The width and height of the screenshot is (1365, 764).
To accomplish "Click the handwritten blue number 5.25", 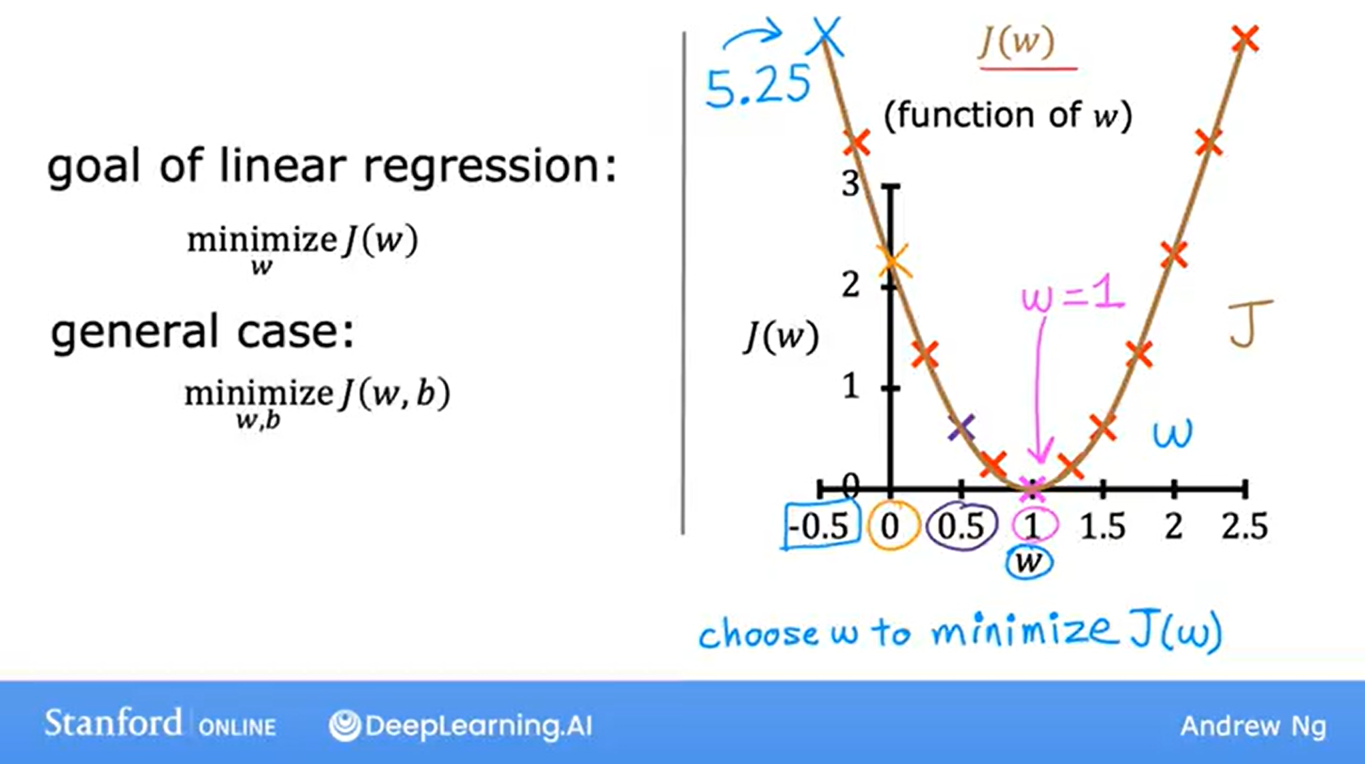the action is click(x=758, y=87).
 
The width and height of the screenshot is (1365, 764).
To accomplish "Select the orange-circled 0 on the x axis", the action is click(x=890, y=527).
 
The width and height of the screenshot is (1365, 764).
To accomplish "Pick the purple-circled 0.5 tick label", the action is click(x=961, y=527).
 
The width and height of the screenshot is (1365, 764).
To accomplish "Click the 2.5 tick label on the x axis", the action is click(x=1245, y=527).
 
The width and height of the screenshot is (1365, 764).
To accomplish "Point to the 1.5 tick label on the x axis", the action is click(x=1103, y=527).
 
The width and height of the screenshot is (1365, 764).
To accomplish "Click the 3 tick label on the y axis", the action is click(x=850, y=183).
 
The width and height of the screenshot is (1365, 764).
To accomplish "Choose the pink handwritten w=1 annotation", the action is click(x=1073, y=297).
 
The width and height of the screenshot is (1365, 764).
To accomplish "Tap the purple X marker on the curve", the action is click(x=961, y=428).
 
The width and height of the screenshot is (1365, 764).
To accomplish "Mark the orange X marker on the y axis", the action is click(x=893, y=261).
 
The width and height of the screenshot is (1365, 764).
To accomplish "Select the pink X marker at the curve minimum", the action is click(x=1032, y=489).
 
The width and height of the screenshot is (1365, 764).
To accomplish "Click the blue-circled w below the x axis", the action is click(x=1029, y=563).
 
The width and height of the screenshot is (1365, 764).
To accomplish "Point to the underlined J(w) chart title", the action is click(x=1018, y=43).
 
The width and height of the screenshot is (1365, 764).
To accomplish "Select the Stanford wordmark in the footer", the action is click(x=113, y=723).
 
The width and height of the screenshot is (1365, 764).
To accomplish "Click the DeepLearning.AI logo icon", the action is click(x=345, y=725).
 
